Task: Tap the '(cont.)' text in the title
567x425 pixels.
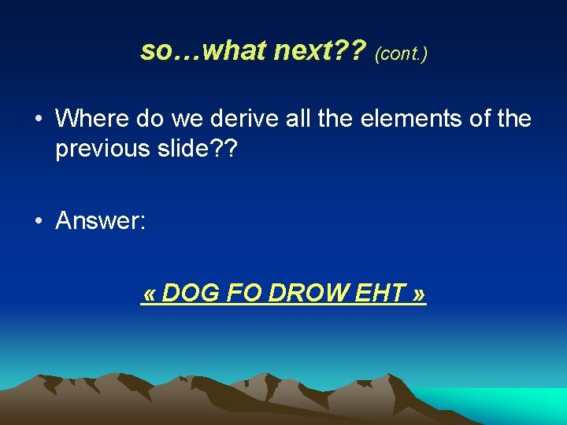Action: click(x=401, y=54)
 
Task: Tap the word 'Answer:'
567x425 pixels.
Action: click(x=100, y=220)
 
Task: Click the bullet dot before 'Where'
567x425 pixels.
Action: click(x=38, y=120)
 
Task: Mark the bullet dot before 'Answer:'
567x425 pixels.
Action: click(x=38, y=221)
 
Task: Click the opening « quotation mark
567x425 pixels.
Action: click(x=149, y=294)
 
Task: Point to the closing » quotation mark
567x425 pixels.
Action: click(x=419, y=294)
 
